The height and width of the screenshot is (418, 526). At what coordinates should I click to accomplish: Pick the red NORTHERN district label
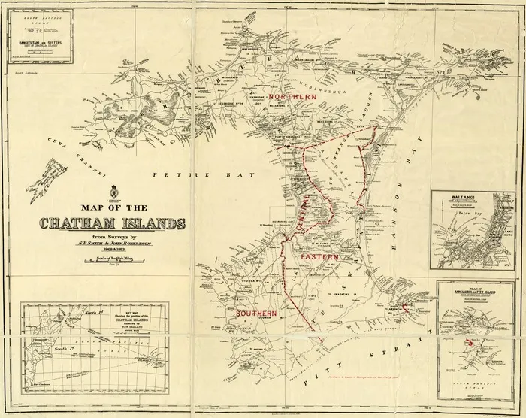point(295,98)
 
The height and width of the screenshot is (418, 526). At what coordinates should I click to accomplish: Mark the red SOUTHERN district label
point(255,312)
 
